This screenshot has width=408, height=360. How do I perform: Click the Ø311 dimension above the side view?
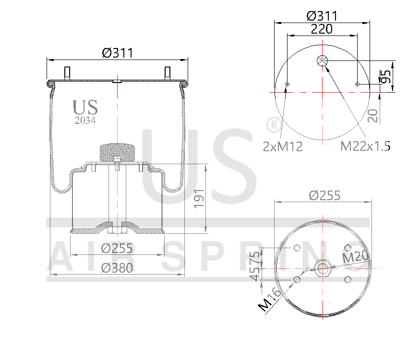click(x=117, y=52)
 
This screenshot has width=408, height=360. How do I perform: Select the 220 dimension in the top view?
click(x=322, y=29)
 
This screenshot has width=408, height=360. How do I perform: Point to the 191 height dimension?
click(x=199, y=198)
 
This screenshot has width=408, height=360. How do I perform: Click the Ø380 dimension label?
click(x=117, y=268)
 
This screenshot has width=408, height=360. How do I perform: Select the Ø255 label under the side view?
click(x=117, y=248)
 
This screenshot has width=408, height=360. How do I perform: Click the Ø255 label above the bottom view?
click(x=324, y=195)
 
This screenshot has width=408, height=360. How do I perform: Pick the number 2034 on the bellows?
click(x=85, y=121)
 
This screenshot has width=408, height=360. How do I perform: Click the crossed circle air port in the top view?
click(x=322, y=61)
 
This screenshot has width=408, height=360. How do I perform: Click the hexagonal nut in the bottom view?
click(x=322, y=266)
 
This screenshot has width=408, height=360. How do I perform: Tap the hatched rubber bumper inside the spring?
click(x=117, y=153)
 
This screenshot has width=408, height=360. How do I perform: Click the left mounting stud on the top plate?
click(x=67, y=73)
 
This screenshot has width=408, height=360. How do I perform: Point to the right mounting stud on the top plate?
click(x=168, y=73)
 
